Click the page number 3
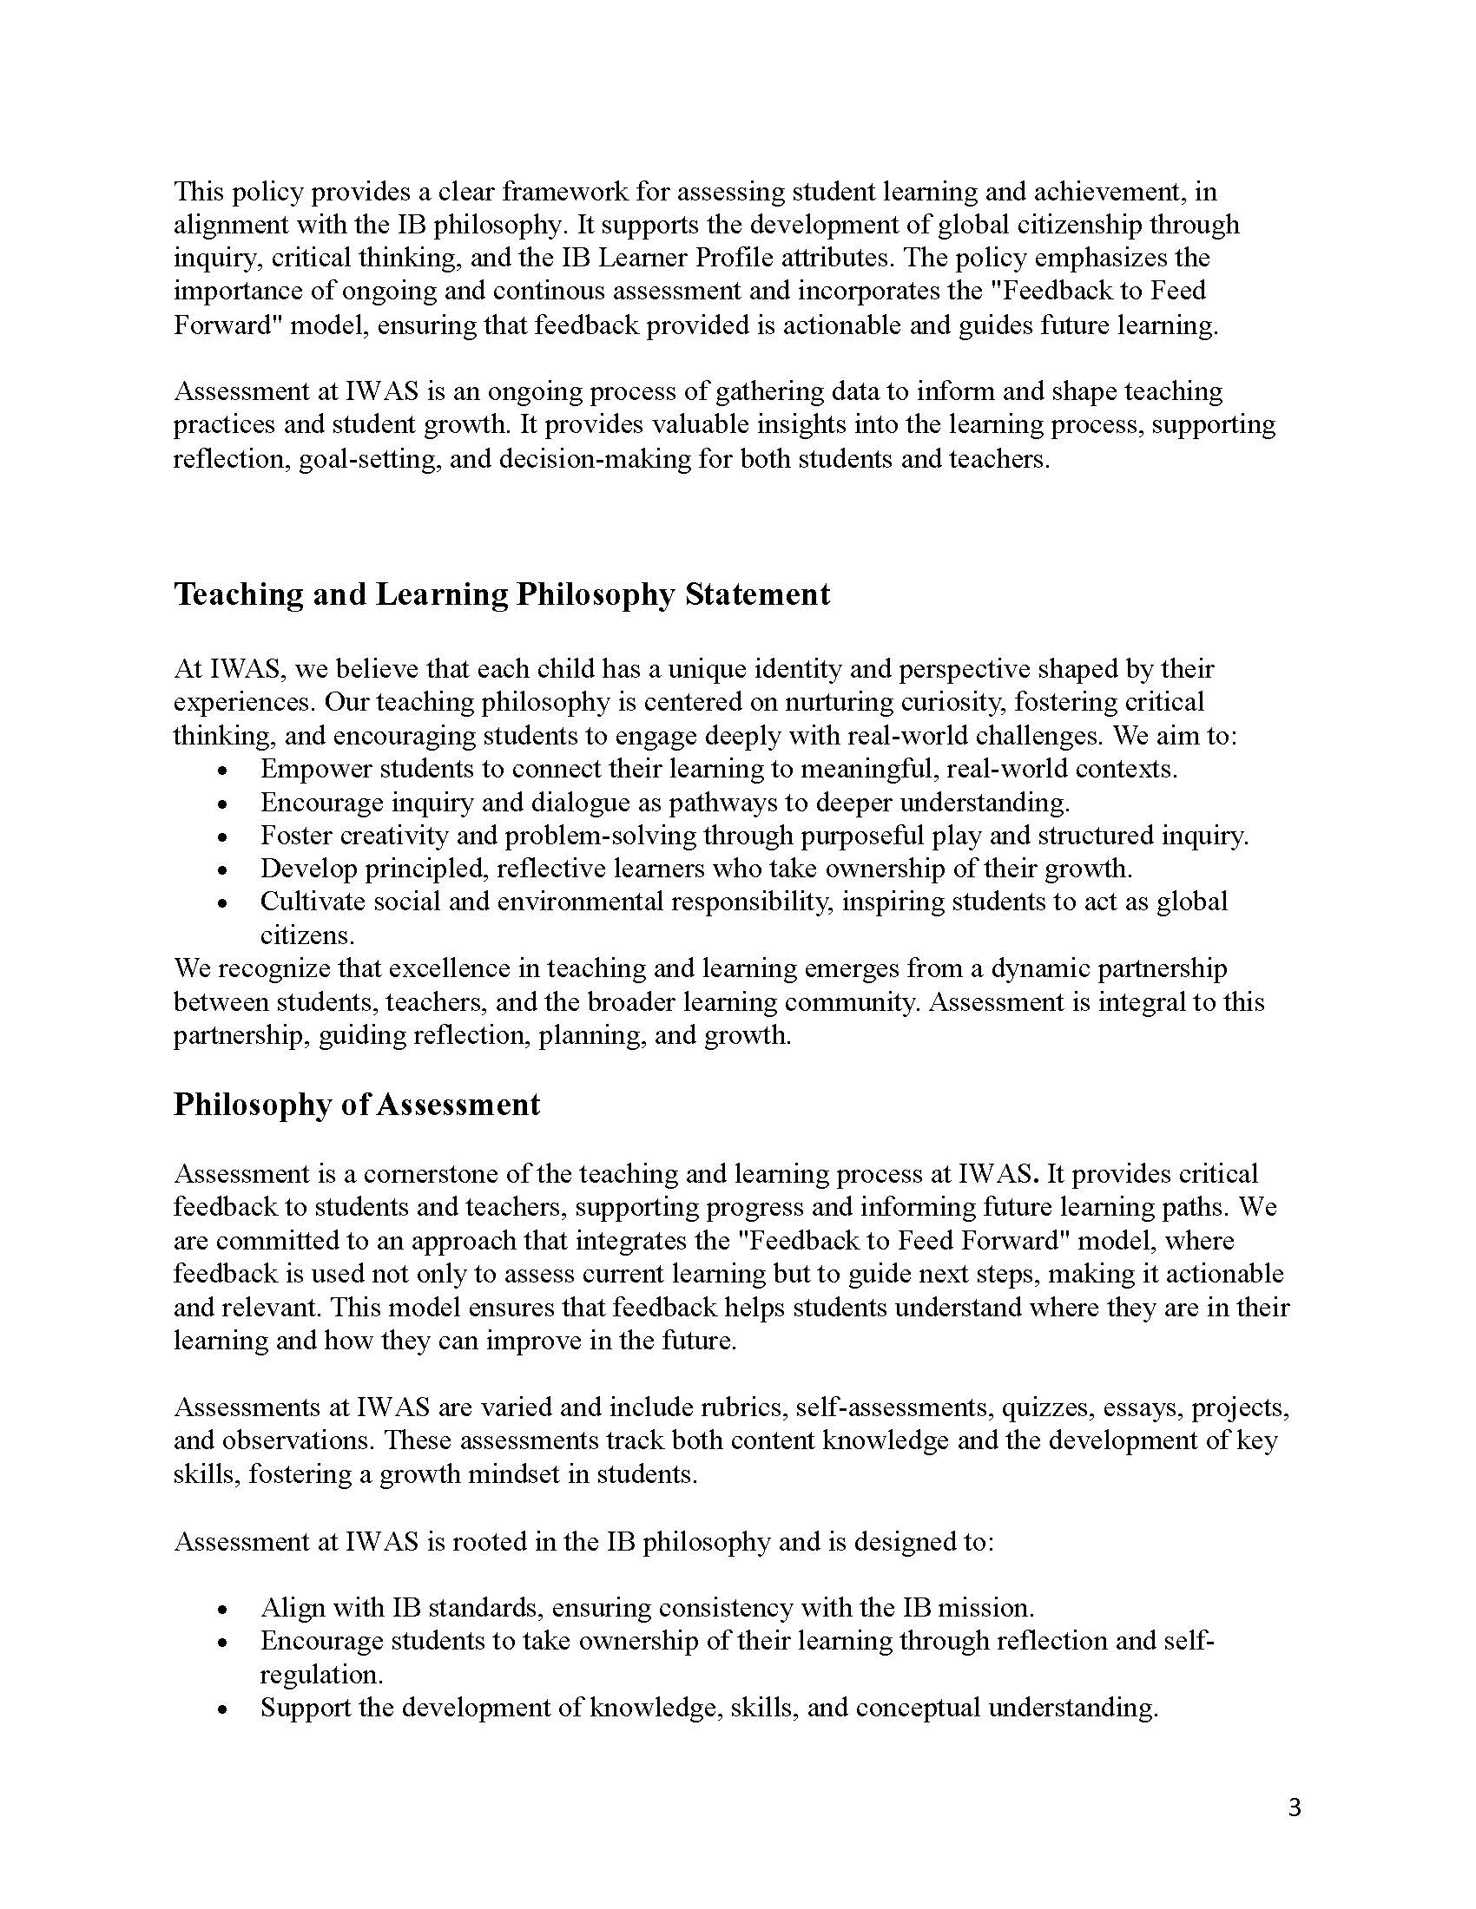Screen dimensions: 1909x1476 click(x=1295, y=1807)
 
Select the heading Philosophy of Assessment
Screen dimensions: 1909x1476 click(x=357, y=1104)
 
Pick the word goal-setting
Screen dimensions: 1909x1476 click(x=366, y=459)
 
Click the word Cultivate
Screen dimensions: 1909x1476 click(x=314, y=902)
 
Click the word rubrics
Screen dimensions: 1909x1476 click(x=741, y=1407)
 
